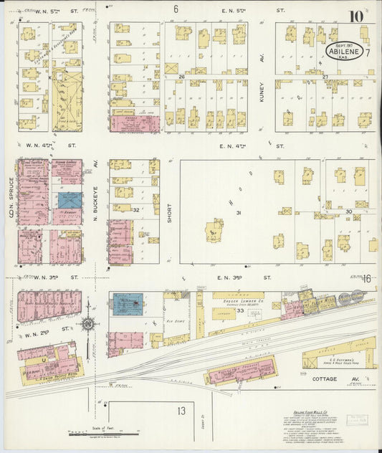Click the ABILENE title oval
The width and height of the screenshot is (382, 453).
coord(348,51)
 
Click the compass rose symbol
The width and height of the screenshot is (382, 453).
coord(88,323)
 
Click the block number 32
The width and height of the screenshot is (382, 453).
coord(135,209)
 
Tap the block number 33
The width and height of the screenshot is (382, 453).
coord(241,310)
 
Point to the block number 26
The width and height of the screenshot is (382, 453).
coord(182,77)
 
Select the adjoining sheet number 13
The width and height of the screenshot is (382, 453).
coord(182,411)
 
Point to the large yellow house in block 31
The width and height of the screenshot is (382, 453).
coord(214,231)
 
